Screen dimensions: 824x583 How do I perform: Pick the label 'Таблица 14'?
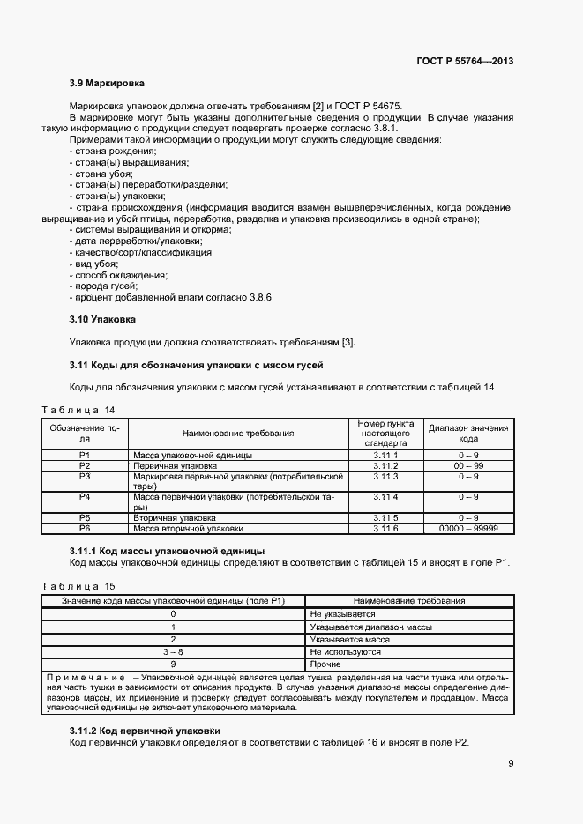pos(78,410)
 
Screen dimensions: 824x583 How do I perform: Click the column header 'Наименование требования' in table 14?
pos(238,433)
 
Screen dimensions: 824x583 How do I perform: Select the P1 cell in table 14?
pos(86,455)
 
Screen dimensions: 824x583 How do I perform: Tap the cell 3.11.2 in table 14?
pos(385,465)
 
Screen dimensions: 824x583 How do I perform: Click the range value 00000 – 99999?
pos(468,528)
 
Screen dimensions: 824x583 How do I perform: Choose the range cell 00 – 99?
pos(468,465)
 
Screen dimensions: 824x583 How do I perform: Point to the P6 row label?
pos(86,528)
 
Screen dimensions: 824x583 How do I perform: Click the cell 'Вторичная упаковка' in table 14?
pos(174,517)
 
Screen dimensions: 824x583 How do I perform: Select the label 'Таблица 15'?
pos(78,586)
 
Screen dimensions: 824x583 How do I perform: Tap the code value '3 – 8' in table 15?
pos(173,651)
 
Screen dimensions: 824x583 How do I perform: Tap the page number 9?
pos(511,763)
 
